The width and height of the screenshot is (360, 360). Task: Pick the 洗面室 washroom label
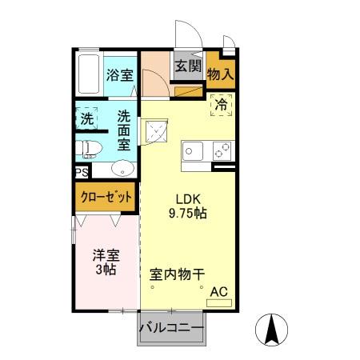[125, 130]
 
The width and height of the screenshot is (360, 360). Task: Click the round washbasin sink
[122, 168]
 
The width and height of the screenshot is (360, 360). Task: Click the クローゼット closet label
[106, 196]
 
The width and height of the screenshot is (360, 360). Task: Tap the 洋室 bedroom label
[105, 256]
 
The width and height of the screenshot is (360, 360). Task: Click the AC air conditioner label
[218, 293]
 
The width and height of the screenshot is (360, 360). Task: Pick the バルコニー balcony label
[171, 328]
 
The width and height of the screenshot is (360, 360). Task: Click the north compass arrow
[272, 329]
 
